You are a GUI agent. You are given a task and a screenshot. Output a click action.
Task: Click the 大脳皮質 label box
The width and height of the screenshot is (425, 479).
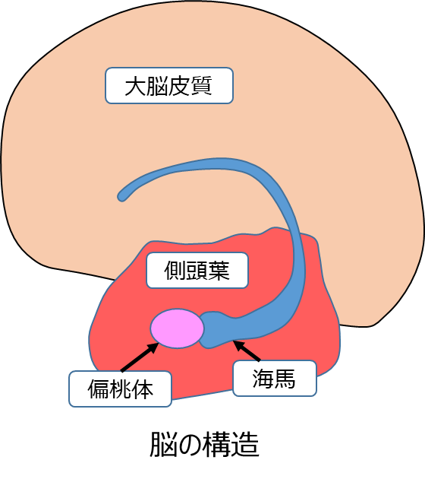pos(169,85)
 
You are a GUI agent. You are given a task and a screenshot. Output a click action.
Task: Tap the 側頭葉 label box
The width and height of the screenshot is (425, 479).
pos(197,271)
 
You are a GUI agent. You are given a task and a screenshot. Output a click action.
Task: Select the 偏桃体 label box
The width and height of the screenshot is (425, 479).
pos(120,389)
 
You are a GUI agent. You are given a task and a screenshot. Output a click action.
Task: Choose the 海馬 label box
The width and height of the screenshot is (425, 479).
pos(275,379)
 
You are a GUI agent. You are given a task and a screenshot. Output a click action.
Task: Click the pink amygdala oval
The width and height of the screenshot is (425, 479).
pos(177,328)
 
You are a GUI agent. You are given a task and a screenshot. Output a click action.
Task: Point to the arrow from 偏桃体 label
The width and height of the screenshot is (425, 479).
pos(140,357)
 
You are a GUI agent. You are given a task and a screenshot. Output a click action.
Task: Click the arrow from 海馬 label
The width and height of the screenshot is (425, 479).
pos(247,351)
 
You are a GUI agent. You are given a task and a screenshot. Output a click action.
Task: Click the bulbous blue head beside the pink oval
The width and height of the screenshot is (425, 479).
pos(216,330)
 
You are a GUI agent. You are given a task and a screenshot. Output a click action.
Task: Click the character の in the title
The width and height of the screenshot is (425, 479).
pos(190,446)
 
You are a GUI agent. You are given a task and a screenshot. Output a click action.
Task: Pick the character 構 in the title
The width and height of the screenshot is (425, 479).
pos(218,445)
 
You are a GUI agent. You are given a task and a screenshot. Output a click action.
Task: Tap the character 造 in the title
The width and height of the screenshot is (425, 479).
pos(245,445)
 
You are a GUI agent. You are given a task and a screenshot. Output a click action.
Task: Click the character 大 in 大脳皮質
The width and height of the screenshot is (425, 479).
pos(135,86)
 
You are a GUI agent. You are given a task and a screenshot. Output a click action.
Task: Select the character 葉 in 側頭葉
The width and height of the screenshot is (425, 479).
pos(219,271)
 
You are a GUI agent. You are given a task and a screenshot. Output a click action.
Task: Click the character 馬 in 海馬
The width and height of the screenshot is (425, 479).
pos(285,379)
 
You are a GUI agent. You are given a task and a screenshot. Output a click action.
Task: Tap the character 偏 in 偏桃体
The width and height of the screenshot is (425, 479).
pos(98,389)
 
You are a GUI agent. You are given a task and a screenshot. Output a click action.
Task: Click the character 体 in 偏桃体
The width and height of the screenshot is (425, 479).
pos(142,389)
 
